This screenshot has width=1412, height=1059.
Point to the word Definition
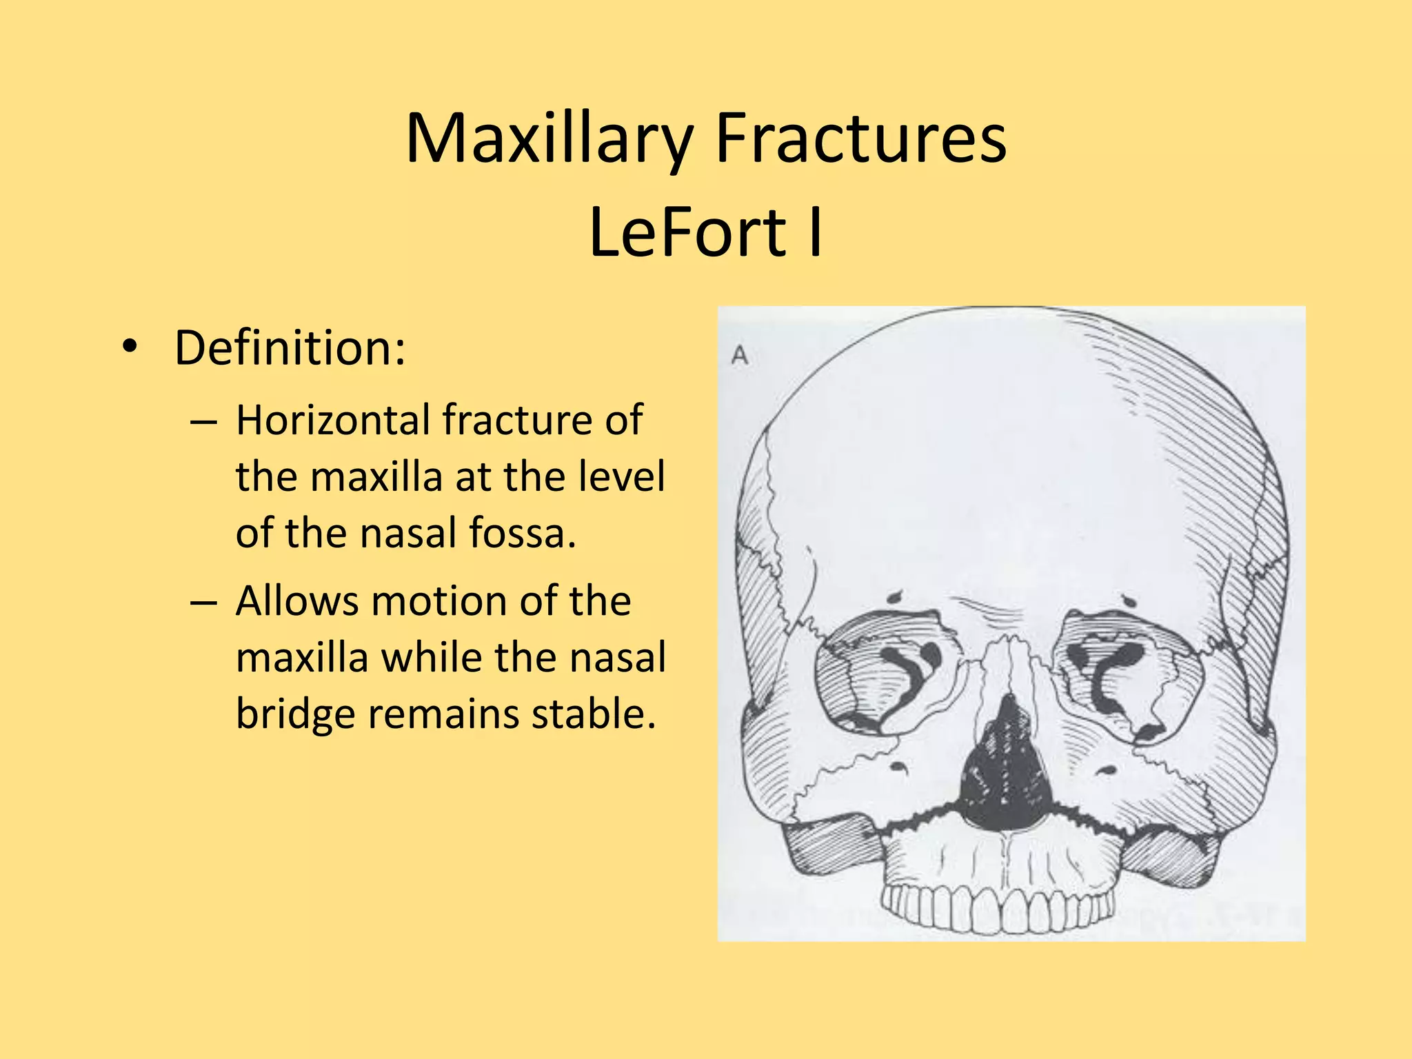[x=290, y=348]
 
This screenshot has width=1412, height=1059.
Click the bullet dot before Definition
[x=128, y=347]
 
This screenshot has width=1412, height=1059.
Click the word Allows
[x=296, y=601]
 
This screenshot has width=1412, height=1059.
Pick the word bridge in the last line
[x=296, y=714]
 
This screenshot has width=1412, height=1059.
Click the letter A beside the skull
[x=740, y=356]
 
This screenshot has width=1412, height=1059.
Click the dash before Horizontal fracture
[x=203, y=421]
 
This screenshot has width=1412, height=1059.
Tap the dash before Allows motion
[x=203, y=602]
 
